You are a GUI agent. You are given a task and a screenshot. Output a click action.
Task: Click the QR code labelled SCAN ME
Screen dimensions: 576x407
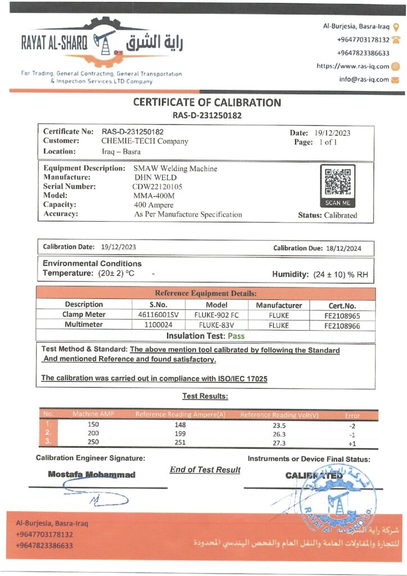pos(337,182)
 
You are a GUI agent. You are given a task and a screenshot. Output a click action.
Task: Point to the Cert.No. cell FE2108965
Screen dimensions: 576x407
pos(342,316)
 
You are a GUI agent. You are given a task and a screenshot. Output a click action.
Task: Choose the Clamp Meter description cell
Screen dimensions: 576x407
pos(84,315)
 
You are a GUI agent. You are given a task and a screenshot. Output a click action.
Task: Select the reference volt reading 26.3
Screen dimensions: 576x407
pos(279,434)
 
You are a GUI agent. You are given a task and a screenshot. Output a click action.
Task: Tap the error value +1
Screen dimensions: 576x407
pos(352,443)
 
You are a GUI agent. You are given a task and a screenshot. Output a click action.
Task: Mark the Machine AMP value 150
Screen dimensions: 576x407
pos(93,424)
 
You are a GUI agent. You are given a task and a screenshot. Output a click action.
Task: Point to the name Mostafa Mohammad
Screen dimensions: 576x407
pos(92,474)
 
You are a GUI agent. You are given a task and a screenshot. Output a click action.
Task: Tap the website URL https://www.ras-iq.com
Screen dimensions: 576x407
pos(352,66)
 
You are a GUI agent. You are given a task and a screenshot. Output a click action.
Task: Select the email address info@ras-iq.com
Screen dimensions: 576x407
pos(364,79)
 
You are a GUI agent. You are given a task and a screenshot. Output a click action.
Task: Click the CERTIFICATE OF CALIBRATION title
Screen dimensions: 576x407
pos(207,103)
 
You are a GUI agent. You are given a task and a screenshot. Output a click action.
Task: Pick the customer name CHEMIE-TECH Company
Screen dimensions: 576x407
pos(144,141)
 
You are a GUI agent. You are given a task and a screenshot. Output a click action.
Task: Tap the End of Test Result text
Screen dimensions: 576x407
pos(205,470)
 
